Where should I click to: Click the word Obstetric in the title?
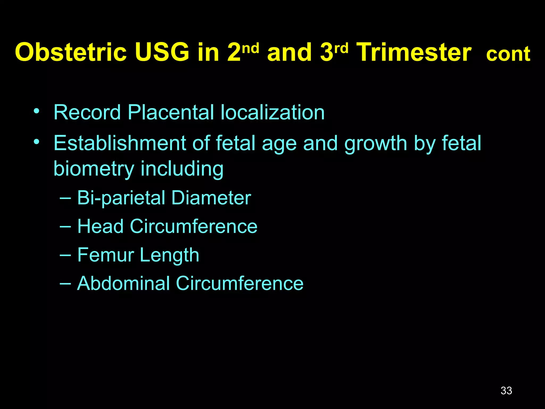[71, 52]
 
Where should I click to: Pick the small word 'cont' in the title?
[508, 54]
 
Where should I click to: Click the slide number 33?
[506, 391]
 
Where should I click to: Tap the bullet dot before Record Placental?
[36, 111]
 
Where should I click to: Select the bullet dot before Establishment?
[36, 141]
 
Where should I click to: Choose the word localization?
[272, 112]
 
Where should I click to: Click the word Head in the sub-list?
[100, 226]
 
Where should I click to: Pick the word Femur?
[105, 255]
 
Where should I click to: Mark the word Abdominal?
[123, 283]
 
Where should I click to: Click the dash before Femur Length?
[65, 255]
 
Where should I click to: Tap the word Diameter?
[211, 198]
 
